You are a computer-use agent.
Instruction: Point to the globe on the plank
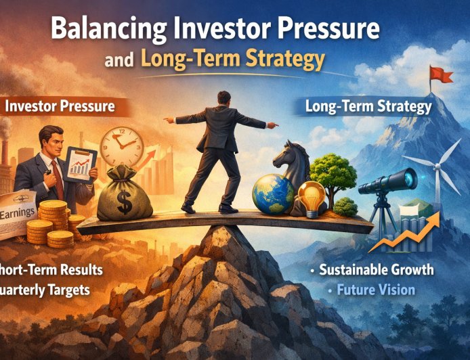[x=273, y=194]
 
